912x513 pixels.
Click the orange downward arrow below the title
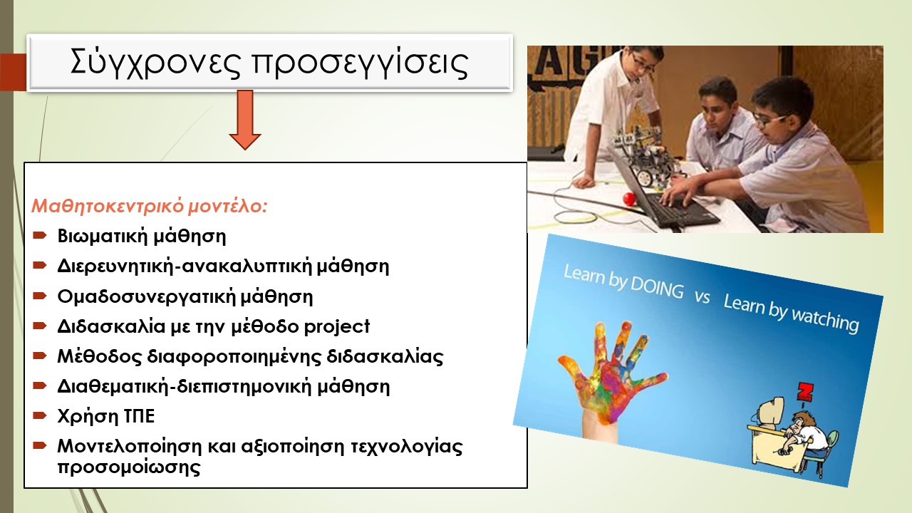coord(244,120)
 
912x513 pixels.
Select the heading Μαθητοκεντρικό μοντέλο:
coord(150,206)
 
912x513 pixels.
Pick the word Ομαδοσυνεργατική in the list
coord(147,297)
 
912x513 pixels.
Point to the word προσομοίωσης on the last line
coord(129,467)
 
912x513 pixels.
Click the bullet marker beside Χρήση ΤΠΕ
coord(40,415)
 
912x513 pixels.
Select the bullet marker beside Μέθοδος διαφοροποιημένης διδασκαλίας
coord(40,356)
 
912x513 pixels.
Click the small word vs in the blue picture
coord(703,297)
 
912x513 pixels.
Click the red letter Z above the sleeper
coord(804,392)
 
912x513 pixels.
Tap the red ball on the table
coord(629,199)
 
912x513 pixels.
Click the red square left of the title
coord(13,72)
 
